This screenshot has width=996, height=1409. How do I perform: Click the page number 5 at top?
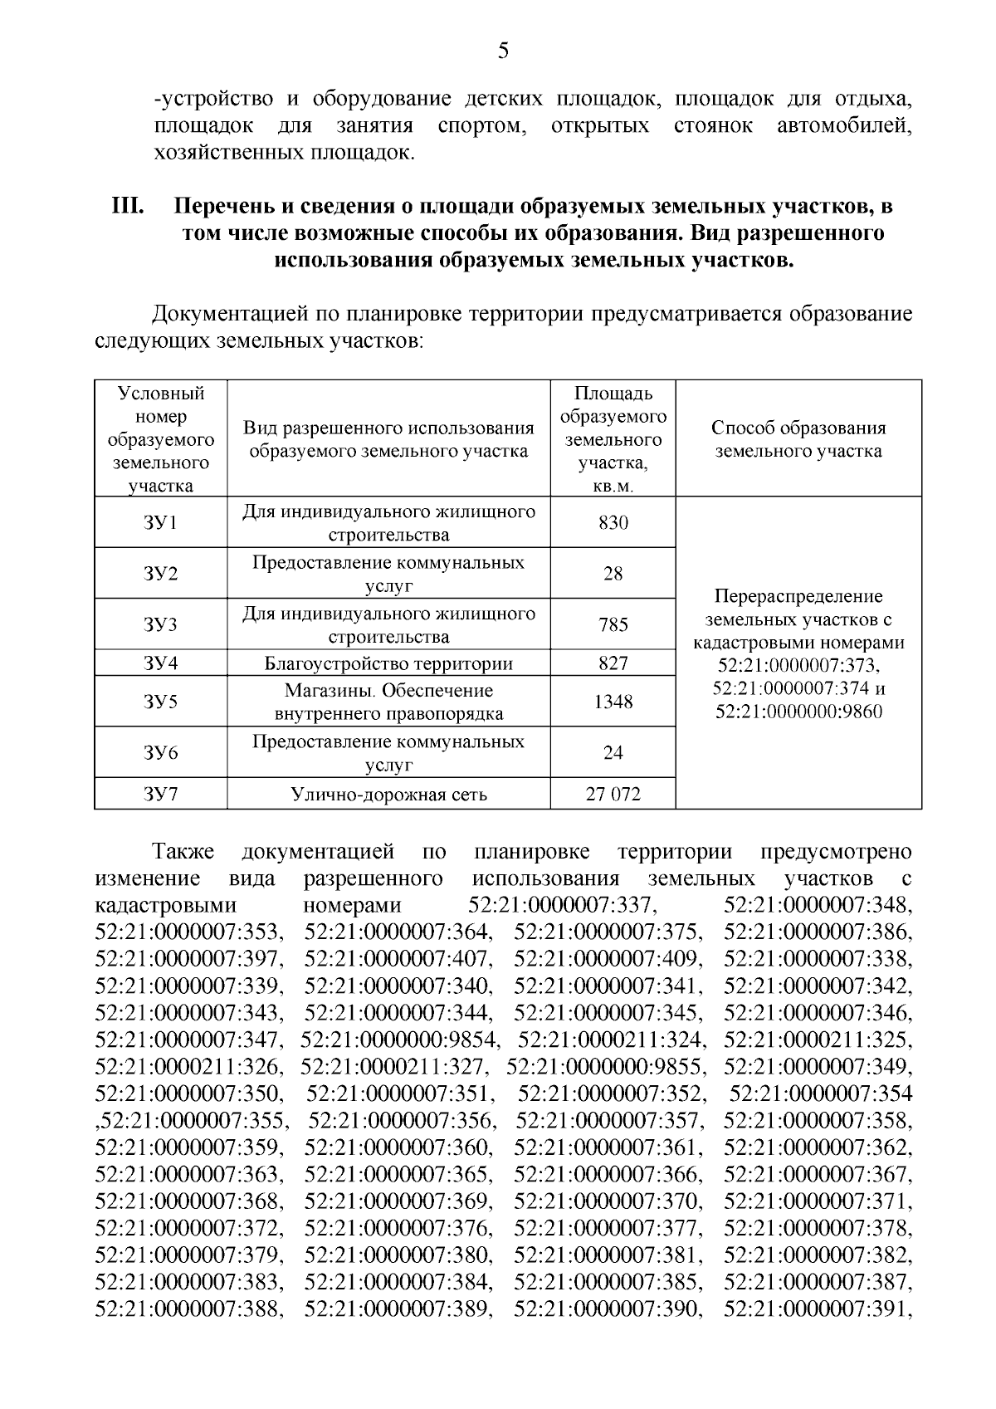click(x=503, y=51)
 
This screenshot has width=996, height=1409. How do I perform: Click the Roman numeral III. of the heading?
click(x=129, y=206)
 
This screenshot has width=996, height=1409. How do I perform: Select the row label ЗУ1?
click(x=160, y=523)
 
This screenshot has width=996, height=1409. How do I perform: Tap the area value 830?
click(x=613, y=523)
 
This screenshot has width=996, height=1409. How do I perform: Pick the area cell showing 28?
click(x=613, y=574)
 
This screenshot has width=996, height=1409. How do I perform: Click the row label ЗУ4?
click(x=160, y=663)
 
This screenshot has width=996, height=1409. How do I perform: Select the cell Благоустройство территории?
click(x=388, y=663)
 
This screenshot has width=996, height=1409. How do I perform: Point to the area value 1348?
click(x=613, y=702)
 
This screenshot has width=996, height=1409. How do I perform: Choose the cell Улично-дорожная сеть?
click(x=388, y=795)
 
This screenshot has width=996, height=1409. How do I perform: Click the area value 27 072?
click(x=613, y=795)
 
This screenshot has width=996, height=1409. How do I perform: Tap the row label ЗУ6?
click(x=160, y=753)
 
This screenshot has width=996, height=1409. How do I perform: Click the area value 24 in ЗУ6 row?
click(x=613, y=753)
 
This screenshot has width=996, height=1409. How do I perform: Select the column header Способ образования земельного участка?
click(x=798, y=439)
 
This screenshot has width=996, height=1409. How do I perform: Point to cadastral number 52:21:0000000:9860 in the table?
click(x=798, y=712)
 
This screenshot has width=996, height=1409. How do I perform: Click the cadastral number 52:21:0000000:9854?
click(x=400, y=1040)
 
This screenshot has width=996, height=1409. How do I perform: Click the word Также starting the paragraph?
click(x=183, y=852)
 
